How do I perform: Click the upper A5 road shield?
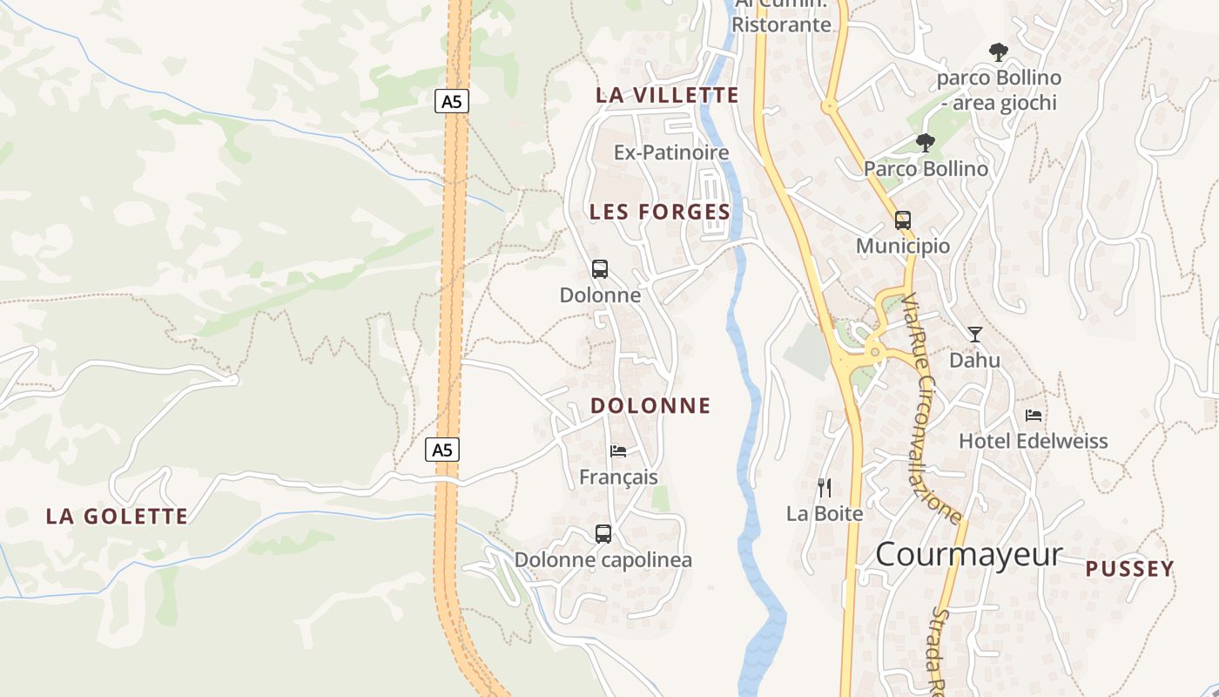pyautogui.click(x=451, y=101)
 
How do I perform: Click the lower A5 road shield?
pyautogui.click(x=442, y=450)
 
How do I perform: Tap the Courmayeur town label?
pyautogui.click(x=968, y=554)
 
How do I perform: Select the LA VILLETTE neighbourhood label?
pyautogui.click(x=667, y=95)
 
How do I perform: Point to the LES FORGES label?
pyautogui.click(x=660, y=212)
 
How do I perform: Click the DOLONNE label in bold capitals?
pyautogui.click(x=650, y=405)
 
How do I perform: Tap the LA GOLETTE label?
pyautogui.click(x=117, y=516)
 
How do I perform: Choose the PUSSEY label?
pyautogui.click(x=1130, y=569)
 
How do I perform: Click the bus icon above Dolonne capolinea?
pyautogui.click(x=603, y=533)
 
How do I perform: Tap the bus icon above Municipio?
pyautogui.click(x=903, y=220)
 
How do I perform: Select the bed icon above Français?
pyautogui.click(x=618, y=450)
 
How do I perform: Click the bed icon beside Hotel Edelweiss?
pyautogui.click(x=1034, y=415)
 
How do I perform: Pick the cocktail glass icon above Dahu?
pyautogui.click(x=974, y=334)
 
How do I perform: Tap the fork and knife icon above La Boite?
pyautogui.click(x=824, y=488)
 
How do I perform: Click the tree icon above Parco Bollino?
pyautogui.click(x=925, y=142)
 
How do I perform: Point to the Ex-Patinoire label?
pyautogui.click(x=671, y=152)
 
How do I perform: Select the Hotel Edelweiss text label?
pyautogui.click(x=1034, y=441)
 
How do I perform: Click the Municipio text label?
pyautogui.click(x=903, y=246)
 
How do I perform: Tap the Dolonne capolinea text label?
pyautogui.click(x=603, y=559)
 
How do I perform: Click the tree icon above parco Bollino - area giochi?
pyautogui.click(x=998, y=52)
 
